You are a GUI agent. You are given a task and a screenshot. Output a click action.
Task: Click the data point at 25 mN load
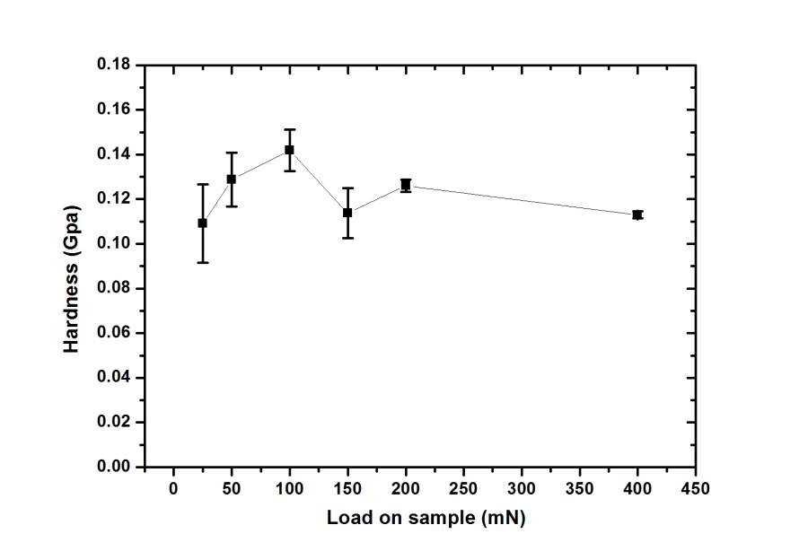(202, 223)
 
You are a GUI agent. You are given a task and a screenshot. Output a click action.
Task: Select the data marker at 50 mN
(231, 179)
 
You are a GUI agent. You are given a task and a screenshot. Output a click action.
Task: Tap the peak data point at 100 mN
(289, 150)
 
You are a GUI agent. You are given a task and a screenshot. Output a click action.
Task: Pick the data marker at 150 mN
(347, 213)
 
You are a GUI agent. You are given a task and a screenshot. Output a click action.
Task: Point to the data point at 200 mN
(406, 185)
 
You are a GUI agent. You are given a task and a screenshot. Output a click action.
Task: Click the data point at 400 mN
(637, 214)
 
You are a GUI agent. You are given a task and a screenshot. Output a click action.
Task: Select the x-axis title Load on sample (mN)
(426, 519)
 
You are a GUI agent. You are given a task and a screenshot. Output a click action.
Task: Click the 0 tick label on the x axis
(173, 489)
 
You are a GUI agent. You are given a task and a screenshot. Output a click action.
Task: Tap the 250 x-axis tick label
(463, 489)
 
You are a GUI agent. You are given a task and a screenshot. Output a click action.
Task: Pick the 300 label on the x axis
(522, 489)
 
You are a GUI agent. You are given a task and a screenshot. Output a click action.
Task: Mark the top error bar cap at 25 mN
(202, 184)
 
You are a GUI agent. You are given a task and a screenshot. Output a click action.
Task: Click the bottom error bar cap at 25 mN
(202, 262)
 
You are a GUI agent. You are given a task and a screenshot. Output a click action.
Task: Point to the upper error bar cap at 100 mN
(289, 129)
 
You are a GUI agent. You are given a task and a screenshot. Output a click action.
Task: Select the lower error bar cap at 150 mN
(347, 238)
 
